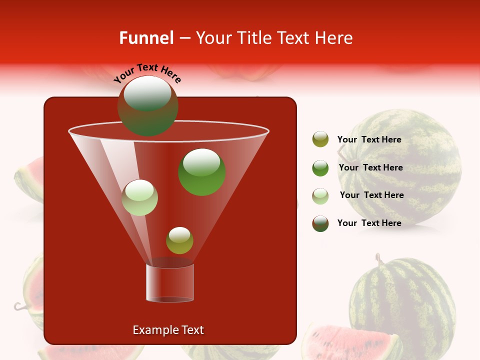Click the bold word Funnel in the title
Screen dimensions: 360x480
point(146,38)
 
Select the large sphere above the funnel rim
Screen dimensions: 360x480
point(147,105)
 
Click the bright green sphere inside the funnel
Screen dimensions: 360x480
point(201,172)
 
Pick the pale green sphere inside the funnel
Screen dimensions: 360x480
point(139,197)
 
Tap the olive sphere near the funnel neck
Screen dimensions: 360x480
point(179,240)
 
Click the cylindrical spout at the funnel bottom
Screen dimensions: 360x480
point(170,283)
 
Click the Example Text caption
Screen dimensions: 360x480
point(168,330)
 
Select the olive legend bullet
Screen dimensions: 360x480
point(320,139)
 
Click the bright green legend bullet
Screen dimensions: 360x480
point(320,168)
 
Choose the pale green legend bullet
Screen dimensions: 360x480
point(320,196)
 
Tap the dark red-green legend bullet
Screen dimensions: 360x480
point(320,223)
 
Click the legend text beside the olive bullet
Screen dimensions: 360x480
point(369,139)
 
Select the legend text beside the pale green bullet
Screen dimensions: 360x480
point(371,195)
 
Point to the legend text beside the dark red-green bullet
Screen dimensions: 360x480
point(369,223)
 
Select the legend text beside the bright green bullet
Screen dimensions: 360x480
point(370,167)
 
